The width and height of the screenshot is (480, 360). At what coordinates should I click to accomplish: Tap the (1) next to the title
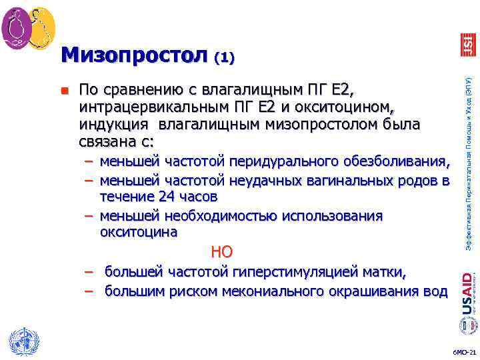[224, 58]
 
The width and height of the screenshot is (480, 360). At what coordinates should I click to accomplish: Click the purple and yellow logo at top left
[29, 25]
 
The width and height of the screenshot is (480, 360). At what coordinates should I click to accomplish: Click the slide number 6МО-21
[461, 351]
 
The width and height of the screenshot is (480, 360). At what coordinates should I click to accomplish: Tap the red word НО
[221, 251]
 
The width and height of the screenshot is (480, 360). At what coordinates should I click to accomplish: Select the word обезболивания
[397, 161]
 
